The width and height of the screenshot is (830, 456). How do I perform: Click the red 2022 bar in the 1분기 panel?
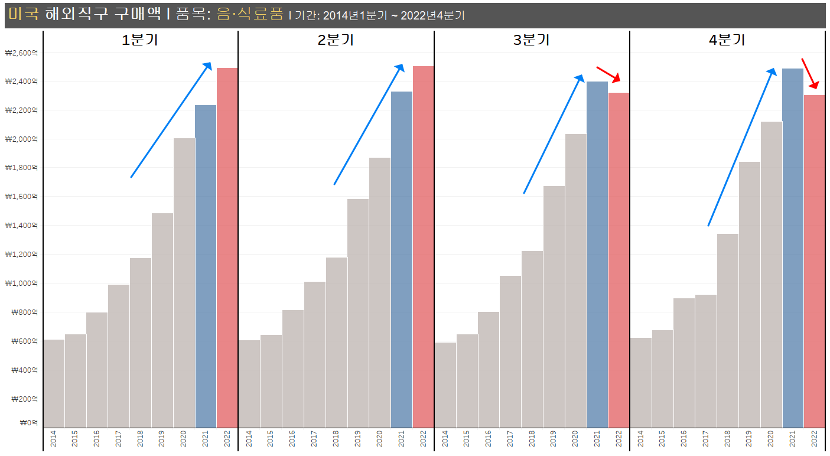coord(227,248)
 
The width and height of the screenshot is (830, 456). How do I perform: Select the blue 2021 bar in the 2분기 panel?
coord(402,260)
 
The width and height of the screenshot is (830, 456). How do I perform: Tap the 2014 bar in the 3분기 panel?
coord(445,385)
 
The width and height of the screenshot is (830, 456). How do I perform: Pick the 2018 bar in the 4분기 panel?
coord(728,331)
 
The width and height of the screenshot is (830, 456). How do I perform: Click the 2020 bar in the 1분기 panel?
coord(184,284)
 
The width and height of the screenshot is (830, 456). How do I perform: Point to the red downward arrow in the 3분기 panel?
coord(608,74)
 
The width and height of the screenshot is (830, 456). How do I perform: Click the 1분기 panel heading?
coord(140,40)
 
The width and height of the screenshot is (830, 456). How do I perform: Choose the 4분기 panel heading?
coord(727,40)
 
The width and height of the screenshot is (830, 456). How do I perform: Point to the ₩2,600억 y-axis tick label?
coord(21,53)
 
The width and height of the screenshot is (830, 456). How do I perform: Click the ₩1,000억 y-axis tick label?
coord(21,284)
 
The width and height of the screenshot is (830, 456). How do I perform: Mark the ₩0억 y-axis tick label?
coord(28,423)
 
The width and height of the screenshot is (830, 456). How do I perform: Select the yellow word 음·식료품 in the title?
coord(250,15)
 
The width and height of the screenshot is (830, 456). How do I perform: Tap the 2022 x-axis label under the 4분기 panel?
coord(815,439)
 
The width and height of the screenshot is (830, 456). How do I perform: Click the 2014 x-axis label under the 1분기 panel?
coord(54,439)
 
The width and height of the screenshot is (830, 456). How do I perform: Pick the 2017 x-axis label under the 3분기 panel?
coord(510,439)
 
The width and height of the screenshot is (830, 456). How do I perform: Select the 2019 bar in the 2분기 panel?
coord(358,313)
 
